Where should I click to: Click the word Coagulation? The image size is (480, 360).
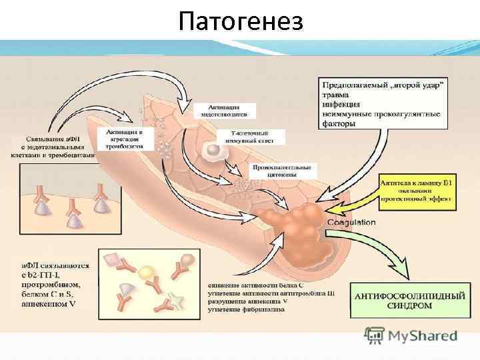point(351,222)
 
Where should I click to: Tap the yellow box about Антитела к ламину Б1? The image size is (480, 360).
point(415,189)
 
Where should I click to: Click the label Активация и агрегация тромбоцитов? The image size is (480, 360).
point(125,139)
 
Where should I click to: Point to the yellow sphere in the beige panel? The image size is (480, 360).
point(145,271)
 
